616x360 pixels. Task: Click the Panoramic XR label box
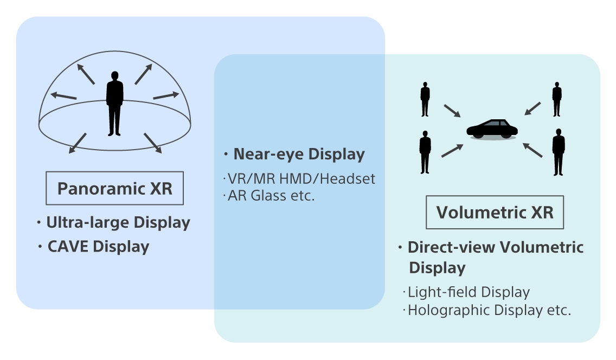pyautogui.click(x=114, y=189)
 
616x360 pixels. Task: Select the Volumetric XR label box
pyautogui.click(x=495, y=212)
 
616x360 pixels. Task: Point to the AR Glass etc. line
pyautogui.click(x=271, y=195)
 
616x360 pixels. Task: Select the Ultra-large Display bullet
pyautogui.click(x=118, y=222)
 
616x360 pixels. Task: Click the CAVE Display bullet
pyautogui.click(x=98, y=247)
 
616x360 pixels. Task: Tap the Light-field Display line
pyautogui.click(x=468, y=292)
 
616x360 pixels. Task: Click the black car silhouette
pyautogui.click(x=492, y=129)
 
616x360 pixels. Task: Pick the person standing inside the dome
pyautogui.click(x=114, y=103)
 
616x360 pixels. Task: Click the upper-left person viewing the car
pyautogui.click(x=425, y=99)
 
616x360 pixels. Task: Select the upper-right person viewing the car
pyautogui.click(x=557, y=99)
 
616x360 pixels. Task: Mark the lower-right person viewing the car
pyautogui.click(x=558, y=152)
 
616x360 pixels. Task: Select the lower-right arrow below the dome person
pyautogui.click(x=153, y=143)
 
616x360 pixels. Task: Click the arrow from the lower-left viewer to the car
pyautogui.click(x=452, y=150)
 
